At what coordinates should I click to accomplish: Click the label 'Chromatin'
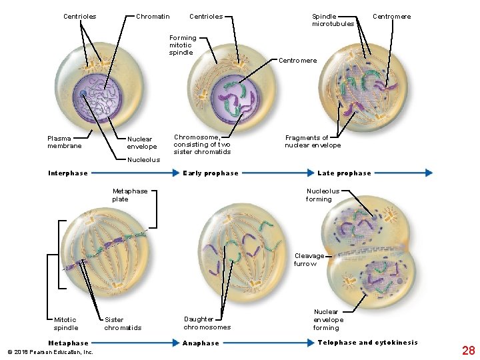pyautogui.click(x=153, y=17)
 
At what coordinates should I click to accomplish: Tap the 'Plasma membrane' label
pyautogui.click(x=65, y=142)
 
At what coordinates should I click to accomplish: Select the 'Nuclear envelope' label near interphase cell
pyautogui.click(x=142, y=143)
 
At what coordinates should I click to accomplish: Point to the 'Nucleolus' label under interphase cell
pyautogui.click(x=143, y=160)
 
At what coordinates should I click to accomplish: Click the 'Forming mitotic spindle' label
pyautogui.click(x=182, y=45)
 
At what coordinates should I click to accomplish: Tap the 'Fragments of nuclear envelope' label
pyautogui.click(x=312, y=141)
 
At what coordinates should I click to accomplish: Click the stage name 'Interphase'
pyautogui.click(x=68, y=173)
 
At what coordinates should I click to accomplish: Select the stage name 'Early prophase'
pyautogui.click(x=211, y=173)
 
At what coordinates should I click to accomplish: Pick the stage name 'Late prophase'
pyautogui.click(x=344, y=173)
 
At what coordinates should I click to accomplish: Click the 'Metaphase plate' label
pyautogui.click(x=130, y=195)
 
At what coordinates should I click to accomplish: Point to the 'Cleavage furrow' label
pyautogui.click(x=309, y=259)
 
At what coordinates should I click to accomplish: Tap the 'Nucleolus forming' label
pyautogui.click(x=323, y=195)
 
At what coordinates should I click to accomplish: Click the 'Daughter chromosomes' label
pyautogui.click(x=207, y=323)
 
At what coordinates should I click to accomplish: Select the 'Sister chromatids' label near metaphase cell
pyautogui.click(x=123, y=323)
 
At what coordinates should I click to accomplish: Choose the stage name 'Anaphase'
pyautogui.click(x=201, y=343)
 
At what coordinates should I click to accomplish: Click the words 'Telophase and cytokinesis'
pyautogui.click(x=367, y=343)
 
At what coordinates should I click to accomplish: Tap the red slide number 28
pyautogui.click(x=468, y=350)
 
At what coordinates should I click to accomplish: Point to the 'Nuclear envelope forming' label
pyautogui.click(x=326, y=319)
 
